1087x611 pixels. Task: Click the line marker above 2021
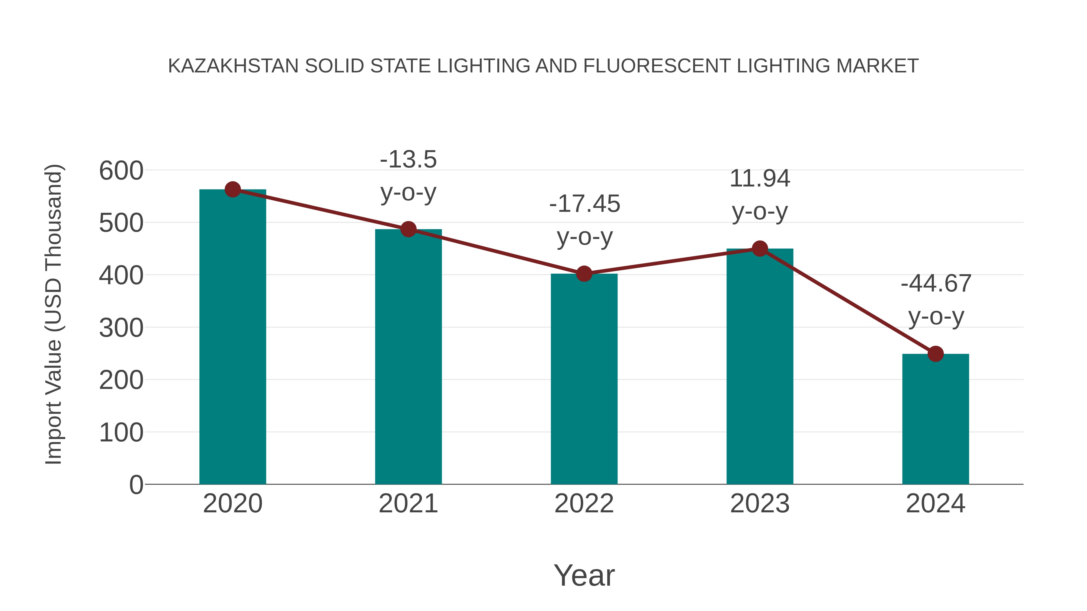[x=409, y=229]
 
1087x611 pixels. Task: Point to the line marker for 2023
[x=760, y=249]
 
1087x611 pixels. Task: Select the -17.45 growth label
[x=585, y=220]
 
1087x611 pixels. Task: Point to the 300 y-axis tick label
[x=121, y=328]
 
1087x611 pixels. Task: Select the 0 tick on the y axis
[x=136, y=485]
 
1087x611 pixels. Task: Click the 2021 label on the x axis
[x=409, y=504]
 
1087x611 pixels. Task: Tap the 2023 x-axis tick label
[x=760, y=504]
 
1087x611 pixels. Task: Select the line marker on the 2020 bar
[x=232, y=190]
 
